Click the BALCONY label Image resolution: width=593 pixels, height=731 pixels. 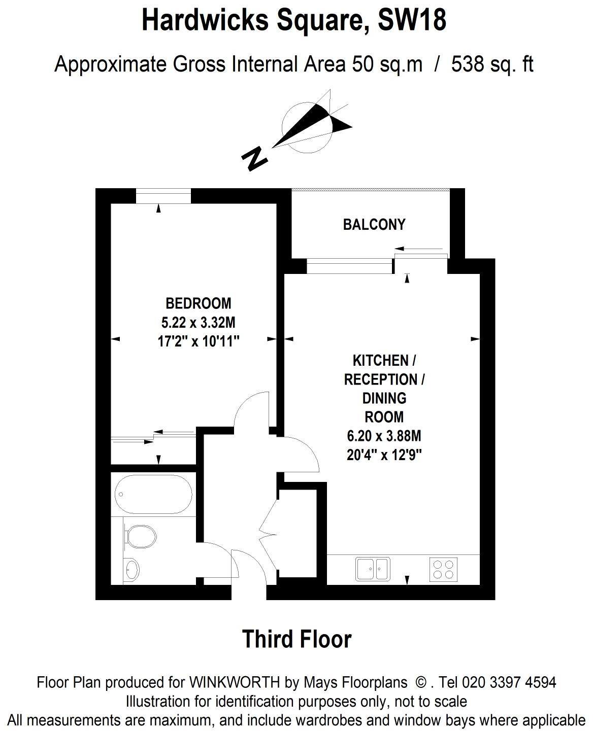(374, 225)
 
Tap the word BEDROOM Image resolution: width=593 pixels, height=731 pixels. (198, 303)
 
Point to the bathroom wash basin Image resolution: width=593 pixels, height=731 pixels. (131, 569)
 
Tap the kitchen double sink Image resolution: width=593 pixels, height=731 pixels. (373, 569)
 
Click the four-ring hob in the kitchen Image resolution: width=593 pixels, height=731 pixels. (443, 569)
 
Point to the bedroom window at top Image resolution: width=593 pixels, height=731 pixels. (163, 196)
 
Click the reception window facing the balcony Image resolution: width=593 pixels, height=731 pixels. (350, 266)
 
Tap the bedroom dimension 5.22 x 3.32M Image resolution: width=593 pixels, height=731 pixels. (198, 323)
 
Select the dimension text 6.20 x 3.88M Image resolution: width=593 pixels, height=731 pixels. (384, 436)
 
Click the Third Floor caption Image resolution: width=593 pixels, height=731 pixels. (296, 639)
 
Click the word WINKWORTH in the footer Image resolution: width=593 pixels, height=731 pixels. (236, 682)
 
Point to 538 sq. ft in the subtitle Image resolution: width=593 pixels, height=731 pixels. (492, 65)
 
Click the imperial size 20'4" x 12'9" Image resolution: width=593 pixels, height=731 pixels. (384, 455)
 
